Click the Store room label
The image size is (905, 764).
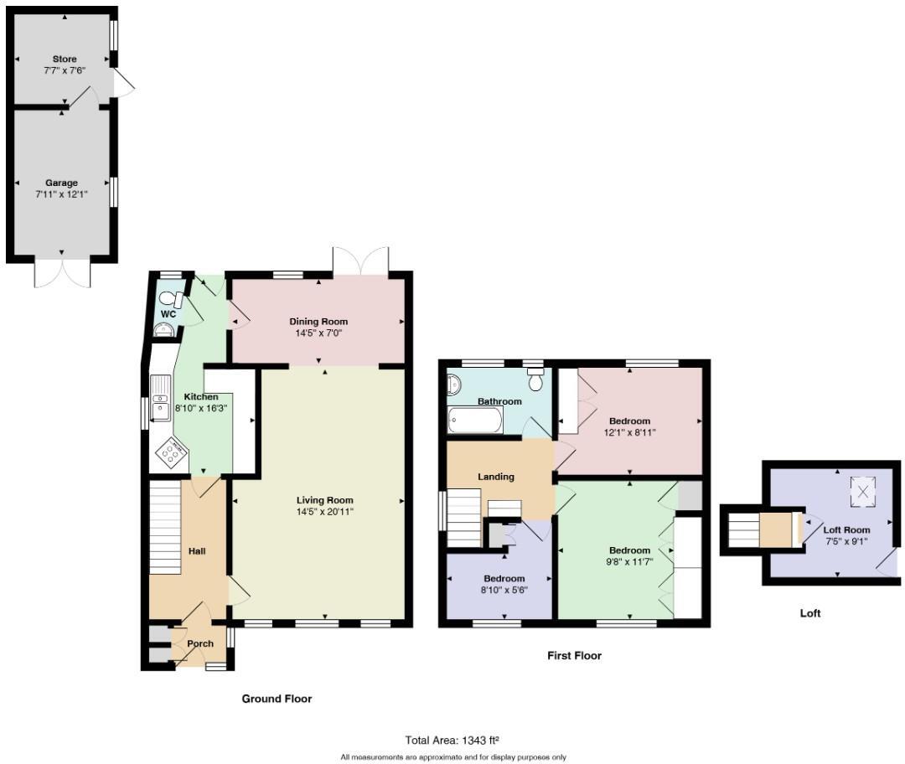[x=65, y=59]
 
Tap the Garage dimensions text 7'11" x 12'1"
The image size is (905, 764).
[x=61, y=194]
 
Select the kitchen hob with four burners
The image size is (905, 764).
[x=173, y=453]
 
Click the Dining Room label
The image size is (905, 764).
[x=318, y=322]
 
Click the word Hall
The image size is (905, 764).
[x=197, y=551]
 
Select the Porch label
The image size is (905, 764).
[x=200, y=644]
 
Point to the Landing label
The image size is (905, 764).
[x=495, y=477]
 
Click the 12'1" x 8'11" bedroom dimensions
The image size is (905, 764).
[x=629, y=433]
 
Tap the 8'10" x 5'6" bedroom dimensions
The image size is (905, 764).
[x=504, y=590]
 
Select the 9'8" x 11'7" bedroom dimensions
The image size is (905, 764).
[x=629, y=562]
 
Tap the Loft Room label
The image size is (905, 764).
[x=846, y=530]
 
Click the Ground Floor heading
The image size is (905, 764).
[x=277, y=699]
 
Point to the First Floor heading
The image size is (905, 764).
[x=574, y=656]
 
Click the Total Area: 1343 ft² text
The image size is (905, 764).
[x=452, y=740]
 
